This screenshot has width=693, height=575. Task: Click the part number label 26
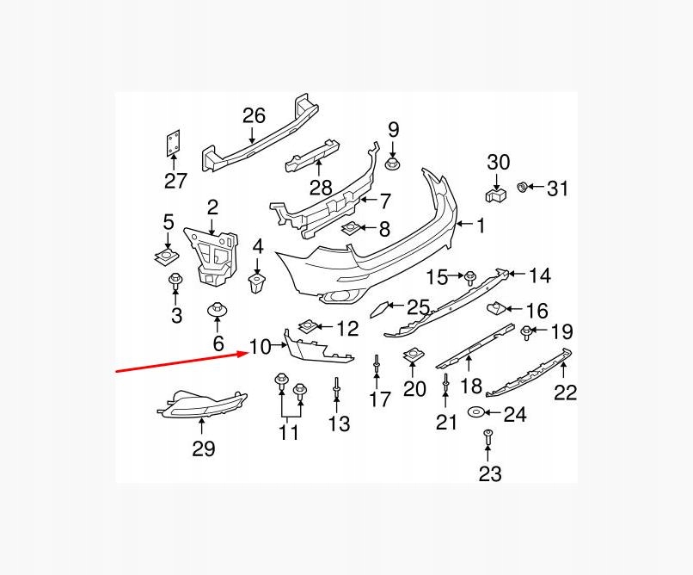(254, 115)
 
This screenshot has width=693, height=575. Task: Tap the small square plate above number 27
(173, 144)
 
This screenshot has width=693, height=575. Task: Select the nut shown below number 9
(394, 162)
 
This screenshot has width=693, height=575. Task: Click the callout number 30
(499, 161)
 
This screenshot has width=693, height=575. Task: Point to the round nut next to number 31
(522, 187)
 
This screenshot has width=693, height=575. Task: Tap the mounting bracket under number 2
(212, 251)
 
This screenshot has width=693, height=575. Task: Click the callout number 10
(260, 347)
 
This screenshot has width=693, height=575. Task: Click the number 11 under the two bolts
(289, 431)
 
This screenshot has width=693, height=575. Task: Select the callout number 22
(565, 393)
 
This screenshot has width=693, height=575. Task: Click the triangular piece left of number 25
(381, 309)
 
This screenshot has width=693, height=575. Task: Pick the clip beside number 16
(496, 306)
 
